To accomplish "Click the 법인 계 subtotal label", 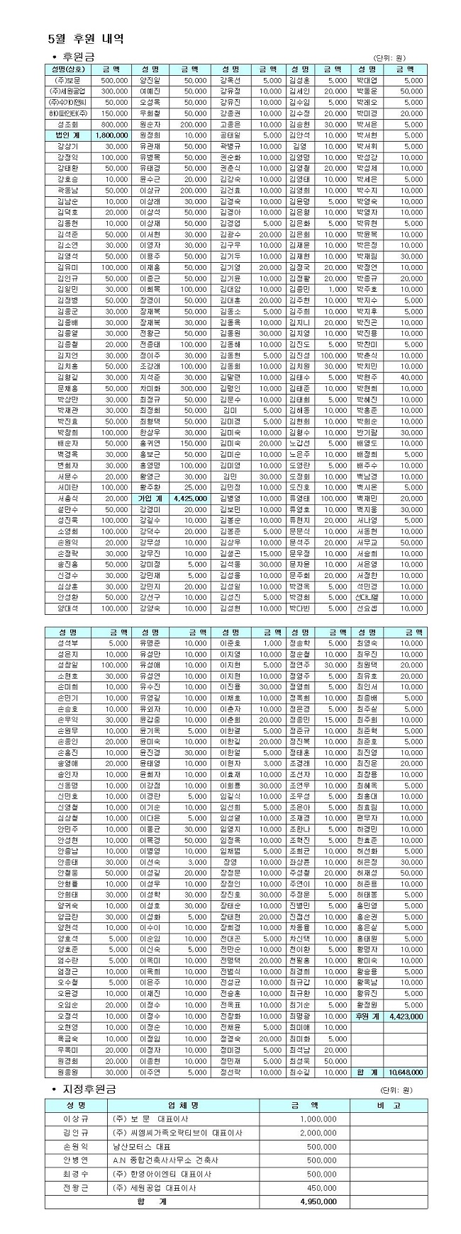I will tap(67, 135).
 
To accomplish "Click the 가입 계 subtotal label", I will tap(150, 498).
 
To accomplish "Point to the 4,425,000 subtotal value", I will tap(190, 498).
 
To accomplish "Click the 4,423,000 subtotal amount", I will tap(406, 1016).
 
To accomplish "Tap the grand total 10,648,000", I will tap(405, 1072).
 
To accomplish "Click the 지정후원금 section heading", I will tap(89, 1089).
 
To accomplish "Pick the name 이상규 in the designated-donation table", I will tap(77, 1119).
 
